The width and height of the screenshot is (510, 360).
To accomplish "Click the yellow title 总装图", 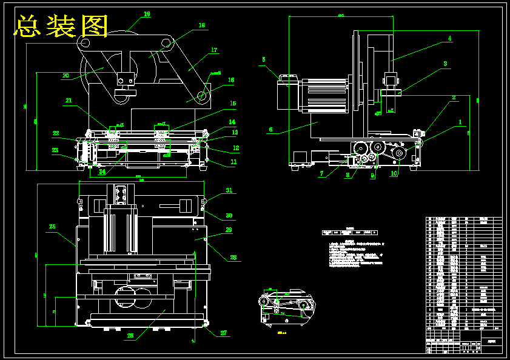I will point(61,27).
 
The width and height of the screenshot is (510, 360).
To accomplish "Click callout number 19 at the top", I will point(147,14).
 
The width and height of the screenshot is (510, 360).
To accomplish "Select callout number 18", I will point(202,25).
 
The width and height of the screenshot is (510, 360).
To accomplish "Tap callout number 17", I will point(214,50).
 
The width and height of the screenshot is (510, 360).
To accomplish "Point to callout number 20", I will point(65,76).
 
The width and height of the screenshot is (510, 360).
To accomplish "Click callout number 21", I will point(69,101).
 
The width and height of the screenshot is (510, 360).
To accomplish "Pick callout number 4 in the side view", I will point(449,38).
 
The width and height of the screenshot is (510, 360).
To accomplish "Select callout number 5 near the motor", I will point(264,59).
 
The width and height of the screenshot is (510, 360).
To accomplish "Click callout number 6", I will point(270,129).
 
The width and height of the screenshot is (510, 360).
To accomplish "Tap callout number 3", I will point(445,63).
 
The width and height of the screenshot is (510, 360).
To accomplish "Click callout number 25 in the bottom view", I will point(52,226).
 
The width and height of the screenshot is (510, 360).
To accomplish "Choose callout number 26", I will point(130,335).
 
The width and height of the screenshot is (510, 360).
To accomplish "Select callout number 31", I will point(229,190).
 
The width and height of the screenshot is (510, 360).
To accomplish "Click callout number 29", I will point(229,230).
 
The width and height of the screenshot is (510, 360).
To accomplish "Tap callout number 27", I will point(223,333).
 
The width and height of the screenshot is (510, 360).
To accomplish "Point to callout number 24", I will point(102,172).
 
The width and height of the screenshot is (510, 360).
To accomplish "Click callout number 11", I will point(233,162).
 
